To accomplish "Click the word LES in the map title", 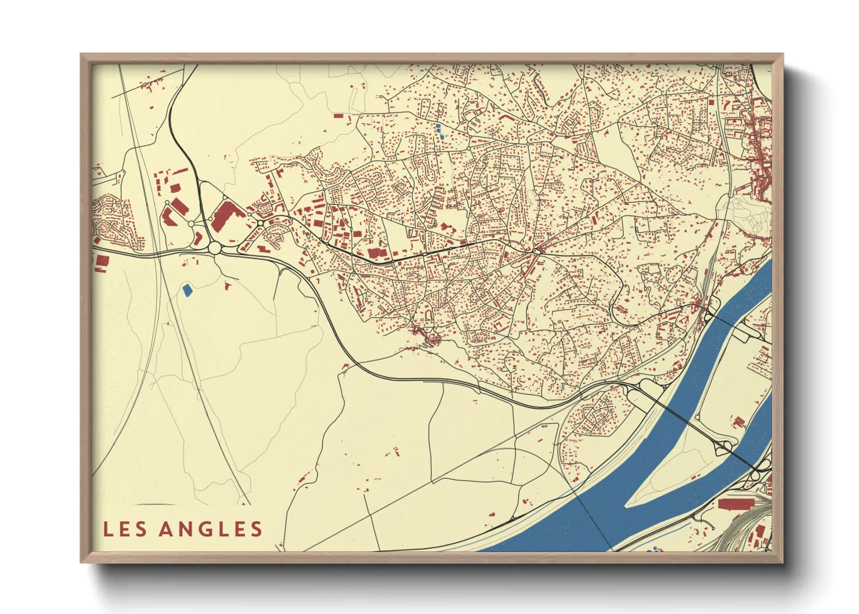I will coord(126,529).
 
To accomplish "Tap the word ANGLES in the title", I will coord(211,529).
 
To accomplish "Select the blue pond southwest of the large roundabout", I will coord(187,290).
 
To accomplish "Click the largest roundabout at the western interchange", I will coord(215,248).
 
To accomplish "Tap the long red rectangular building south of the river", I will coord(735,503).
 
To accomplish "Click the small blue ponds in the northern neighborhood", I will coord(439,129).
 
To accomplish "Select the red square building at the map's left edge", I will coord(102,260).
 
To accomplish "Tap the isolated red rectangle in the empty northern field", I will coord(338,115).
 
